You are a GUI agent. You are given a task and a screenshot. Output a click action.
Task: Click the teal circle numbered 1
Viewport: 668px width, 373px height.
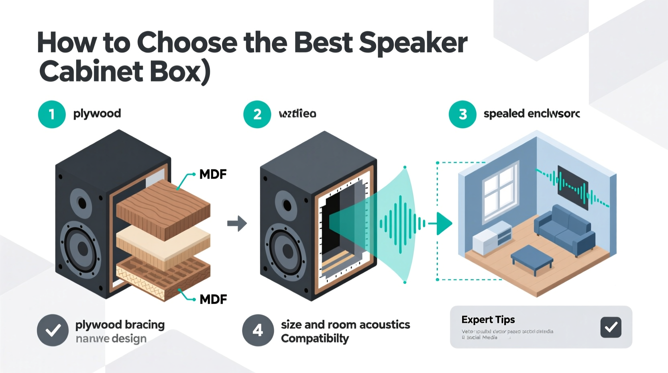52,115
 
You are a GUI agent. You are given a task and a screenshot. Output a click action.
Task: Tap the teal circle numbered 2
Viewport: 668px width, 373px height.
257,115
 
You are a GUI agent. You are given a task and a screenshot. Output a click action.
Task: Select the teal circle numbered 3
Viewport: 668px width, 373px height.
462,115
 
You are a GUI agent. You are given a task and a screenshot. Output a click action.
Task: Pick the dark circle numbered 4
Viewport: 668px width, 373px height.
258,330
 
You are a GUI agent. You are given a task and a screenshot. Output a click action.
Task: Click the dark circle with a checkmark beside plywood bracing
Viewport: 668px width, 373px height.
53,330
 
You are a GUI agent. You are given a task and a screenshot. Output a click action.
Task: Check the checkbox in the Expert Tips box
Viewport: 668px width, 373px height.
611,327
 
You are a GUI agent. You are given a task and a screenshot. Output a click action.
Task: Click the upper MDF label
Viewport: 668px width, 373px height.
213,174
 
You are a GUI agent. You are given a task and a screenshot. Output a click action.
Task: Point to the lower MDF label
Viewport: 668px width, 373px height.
213,299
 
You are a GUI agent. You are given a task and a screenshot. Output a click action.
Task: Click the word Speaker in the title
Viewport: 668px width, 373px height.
413,43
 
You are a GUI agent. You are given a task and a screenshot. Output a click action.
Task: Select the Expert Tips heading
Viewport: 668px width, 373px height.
488,320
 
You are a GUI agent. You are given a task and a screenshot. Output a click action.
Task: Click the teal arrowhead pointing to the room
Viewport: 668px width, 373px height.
444,223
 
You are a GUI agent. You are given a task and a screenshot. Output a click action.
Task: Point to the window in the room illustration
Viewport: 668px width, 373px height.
501,191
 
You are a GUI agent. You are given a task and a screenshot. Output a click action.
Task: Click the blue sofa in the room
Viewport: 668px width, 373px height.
565,229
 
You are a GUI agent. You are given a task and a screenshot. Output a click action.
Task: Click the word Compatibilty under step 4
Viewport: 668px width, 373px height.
315,339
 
